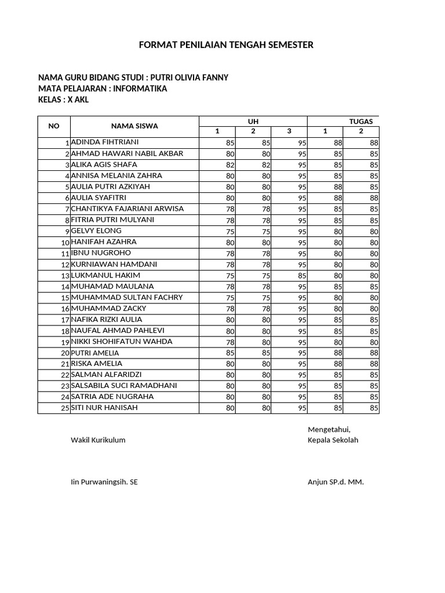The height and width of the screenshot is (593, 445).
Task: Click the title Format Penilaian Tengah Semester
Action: [x=226, y=45]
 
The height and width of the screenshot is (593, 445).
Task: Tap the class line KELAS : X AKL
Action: [x=64, y=100]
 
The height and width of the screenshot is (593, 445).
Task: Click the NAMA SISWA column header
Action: [x=134, y=126]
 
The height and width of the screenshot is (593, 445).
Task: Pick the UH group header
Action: [x=253, y=120]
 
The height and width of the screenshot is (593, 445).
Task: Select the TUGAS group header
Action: [x=360, y=120]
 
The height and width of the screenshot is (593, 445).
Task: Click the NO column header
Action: [x=54, y=126]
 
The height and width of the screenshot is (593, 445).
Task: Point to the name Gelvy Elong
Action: [x=96, y=230]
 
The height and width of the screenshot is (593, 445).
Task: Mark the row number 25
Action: [x=65, y=409]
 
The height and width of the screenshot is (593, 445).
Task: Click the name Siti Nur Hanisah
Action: [x=105, y=408]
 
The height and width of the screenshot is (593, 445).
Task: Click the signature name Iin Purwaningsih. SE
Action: [x=104, y=482]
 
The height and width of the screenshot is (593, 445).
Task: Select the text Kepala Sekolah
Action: [x=333, y=440]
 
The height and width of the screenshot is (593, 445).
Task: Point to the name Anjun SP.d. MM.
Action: [x=335, y=482]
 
